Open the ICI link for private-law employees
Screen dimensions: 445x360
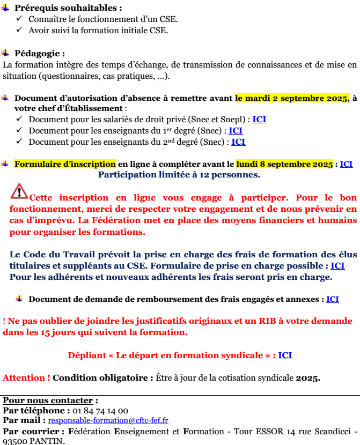click(x=259, y=119)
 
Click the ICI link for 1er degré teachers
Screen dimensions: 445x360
click(x=236, y=130)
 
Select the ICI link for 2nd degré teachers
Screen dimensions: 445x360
click(x=238, y=142)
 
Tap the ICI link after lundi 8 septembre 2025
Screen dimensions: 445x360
click(x=346, y=164)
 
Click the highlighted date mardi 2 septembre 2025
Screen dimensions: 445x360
click(x=292, y=98)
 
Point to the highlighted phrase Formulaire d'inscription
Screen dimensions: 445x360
click(x=65, y=164)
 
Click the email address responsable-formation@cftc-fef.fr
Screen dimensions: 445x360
click(x=108, y=421)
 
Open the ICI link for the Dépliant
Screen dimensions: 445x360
click(x=285, y=355)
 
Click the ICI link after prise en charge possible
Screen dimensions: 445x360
click(x=337, y=265)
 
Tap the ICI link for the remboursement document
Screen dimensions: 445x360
click(x=333, y=299)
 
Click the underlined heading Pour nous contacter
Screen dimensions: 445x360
click(x=50, y=400)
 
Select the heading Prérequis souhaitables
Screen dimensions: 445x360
click(x=68, y=8)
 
